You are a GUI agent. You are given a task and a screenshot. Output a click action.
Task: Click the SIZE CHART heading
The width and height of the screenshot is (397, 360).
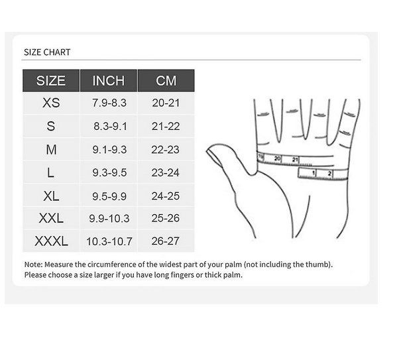tap(47, 52)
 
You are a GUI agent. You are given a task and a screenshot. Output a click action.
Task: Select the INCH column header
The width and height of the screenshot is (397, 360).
tap(109, 81)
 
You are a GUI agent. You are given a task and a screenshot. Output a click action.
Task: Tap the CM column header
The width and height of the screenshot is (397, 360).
tap(166, 81)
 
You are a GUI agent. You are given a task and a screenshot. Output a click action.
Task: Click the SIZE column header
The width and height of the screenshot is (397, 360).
tap(51, 81)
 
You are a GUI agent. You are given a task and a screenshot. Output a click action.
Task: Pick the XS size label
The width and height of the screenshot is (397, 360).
tap(51, 103)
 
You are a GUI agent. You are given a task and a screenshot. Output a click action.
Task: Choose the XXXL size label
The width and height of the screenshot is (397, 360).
tap(51, 241)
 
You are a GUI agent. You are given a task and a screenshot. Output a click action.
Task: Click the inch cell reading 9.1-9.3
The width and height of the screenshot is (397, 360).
tap(109, 149)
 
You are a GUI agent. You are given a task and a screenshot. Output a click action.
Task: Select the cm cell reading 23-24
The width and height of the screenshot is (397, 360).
tap(165, 173)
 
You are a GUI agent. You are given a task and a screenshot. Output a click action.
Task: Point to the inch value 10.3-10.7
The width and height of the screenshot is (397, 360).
tap(109, 241)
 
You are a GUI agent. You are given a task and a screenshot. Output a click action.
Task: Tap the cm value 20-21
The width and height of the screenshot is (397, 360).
tap(166, 103)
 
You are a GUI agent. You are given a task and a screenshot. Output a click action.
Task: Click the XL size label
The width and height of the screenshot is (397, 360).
tap(51, 196)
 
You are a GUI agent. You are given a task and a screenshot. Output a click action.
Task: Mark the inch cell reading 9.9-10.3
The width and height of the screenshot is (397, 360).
tap(109, 218)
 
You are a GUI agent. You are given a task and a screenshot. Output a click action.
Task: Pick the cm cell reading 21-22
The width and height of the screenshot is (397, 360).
tap(166, 126)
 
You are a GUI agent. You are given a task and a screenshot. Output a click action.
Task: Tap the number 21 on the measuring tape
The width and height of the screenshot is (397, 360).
tap(295, 160)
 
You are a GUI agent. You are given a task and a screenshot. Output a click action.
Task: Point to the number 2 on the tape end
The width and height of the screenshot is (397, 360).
tap(329, 174)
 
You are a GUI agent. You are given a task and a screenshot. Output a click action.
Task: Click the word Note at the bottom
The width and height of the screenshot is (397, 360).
tap(33, 265)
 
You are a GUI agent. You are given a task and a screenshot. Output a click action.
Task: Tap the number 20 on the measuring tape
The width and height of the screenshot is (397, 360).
tap(277, 158)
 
